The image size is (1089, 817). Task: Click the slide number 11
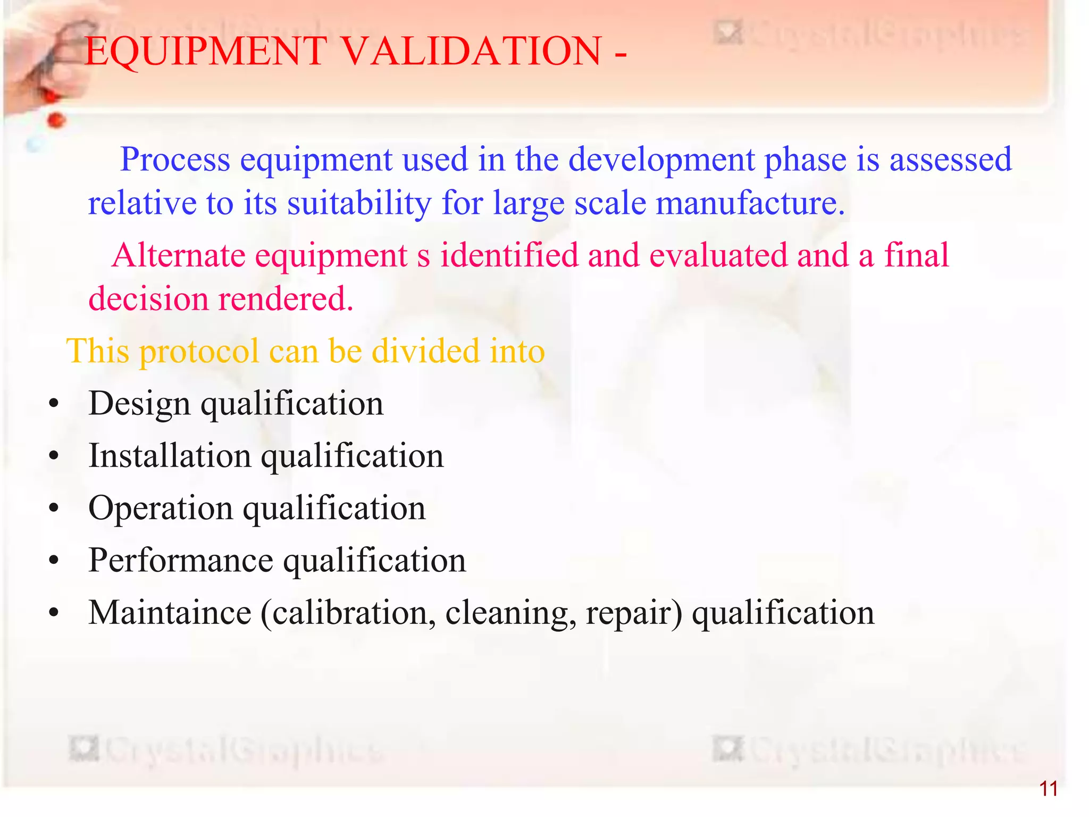pyautogui.click(x=1048, y=789)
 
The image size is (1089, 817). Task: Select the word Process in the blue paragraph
pyautogui.click(x=175, y=160)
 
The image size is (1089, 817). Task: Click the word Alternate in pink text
pyautogui.click(x=179, y=255)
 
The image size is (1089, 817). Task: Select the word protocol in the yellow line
pyautogui.click(x=199, y=352)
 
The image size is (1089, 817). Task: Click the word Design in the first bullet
pyautogui.click(x=139, y=404)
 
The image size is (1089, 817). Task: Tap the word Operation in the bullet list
pyautogui.click(x=161, y=508)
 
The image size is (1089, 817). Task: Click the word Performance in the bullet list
pyautogui.click(x=181, y=561)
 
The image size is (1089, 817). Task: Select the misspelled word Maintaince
pyautogui.click(x=170, y=613)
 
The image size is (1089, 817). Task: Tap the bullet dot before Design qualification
pyautogui.click(x=53, y=405)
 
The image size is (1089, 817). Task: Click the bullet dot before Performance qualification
pyautogui.click(x=53, y=562)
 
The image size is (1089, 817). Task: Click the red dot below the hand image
pyautogui.click(x=55, y=121)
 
